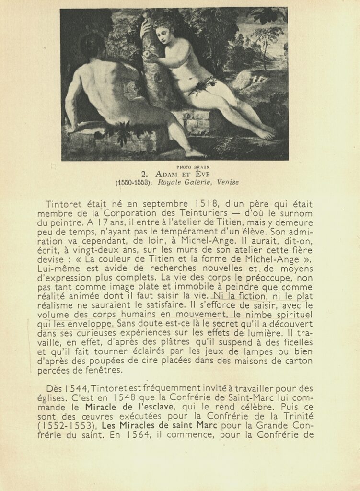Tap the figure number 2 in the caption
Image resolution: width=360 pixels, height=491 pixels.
(x=144, y=174)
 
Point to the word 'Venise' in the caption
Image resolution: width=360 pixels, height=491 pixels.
(x=228, y=182)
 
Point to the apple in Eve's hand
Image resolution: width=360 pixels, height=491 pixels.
(x=147, y=56)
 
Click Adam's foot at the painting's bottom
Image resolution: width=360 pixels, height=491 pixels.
(x=194, y=154)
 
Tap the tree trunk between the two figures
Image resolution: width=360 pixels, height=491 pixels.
(x=153, y=82)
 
